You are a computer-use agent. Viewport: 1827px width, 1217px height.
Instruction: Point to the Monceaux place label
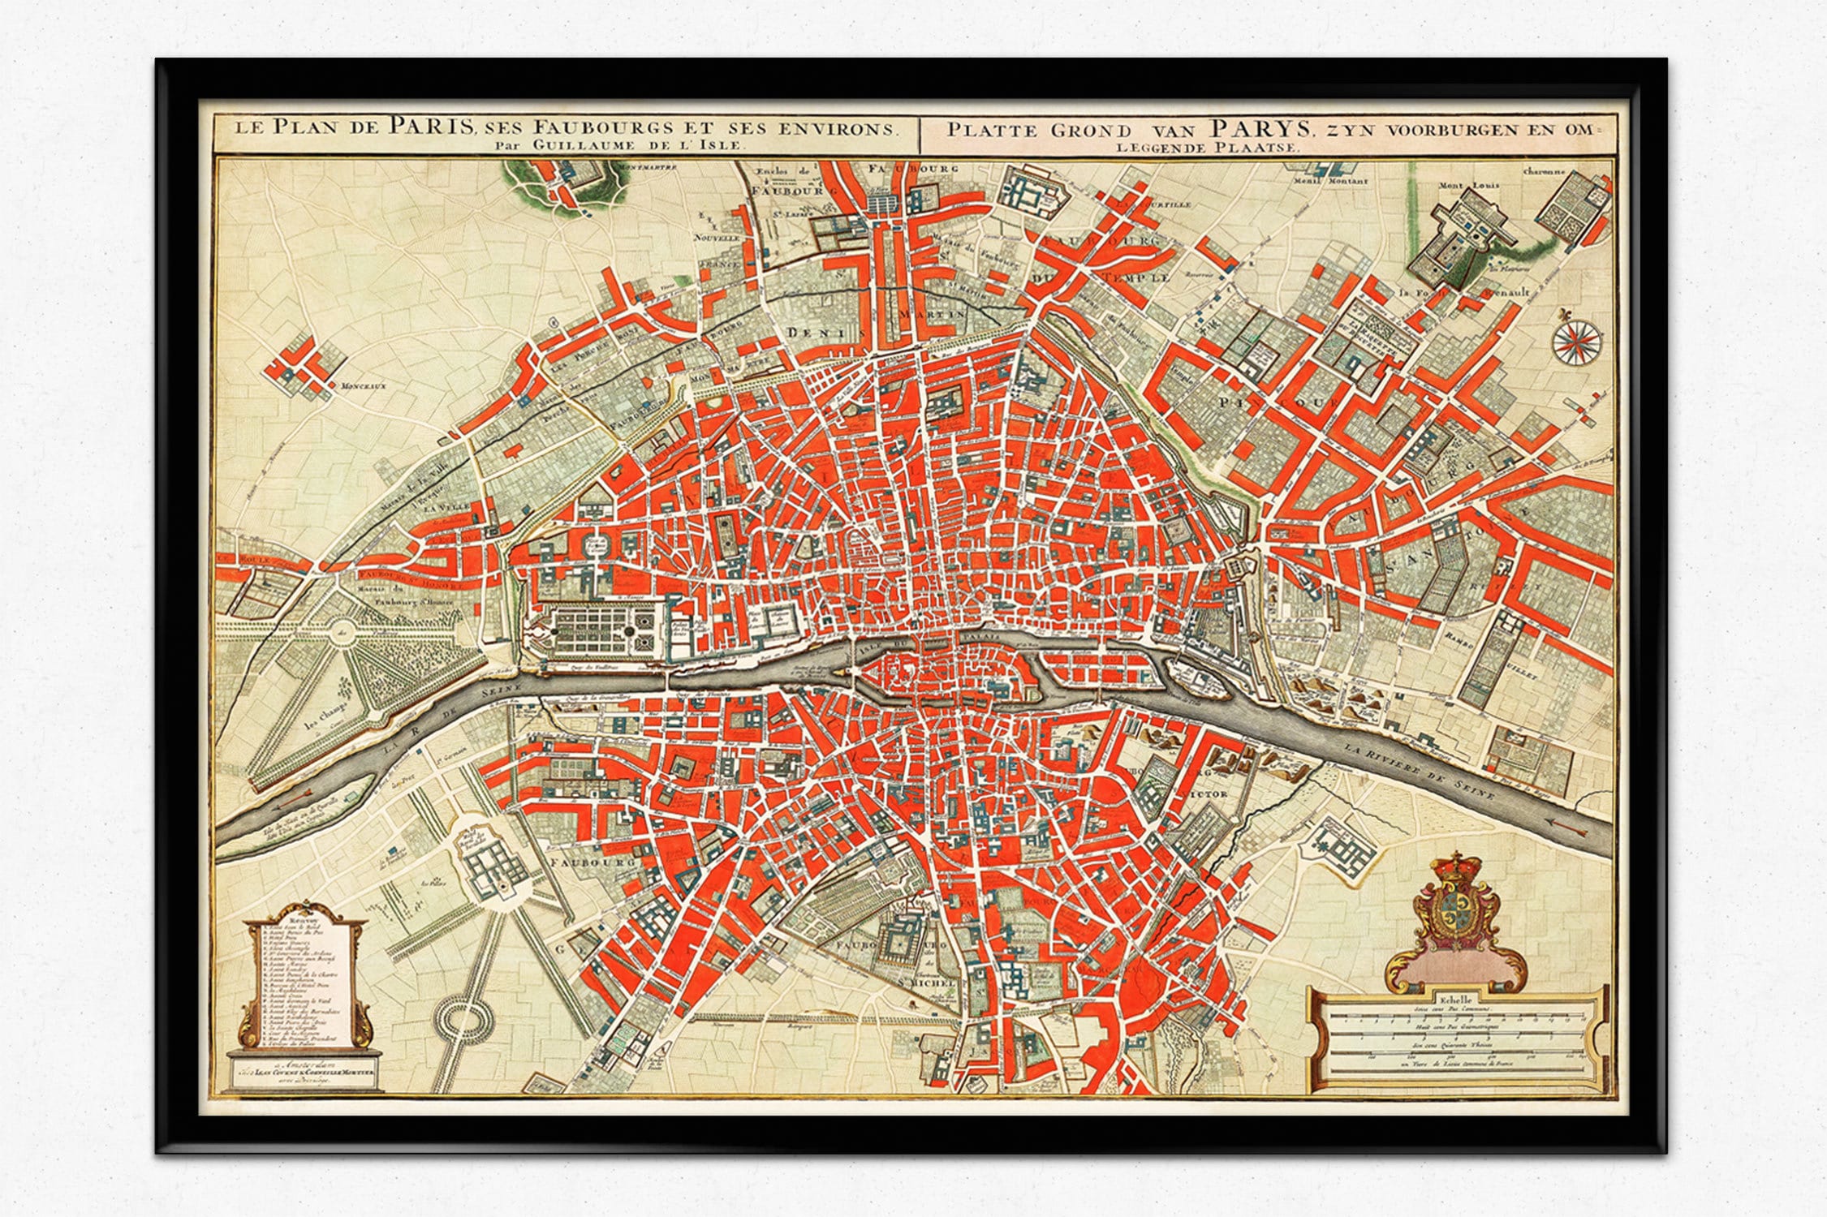click(x=363, y=386)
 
